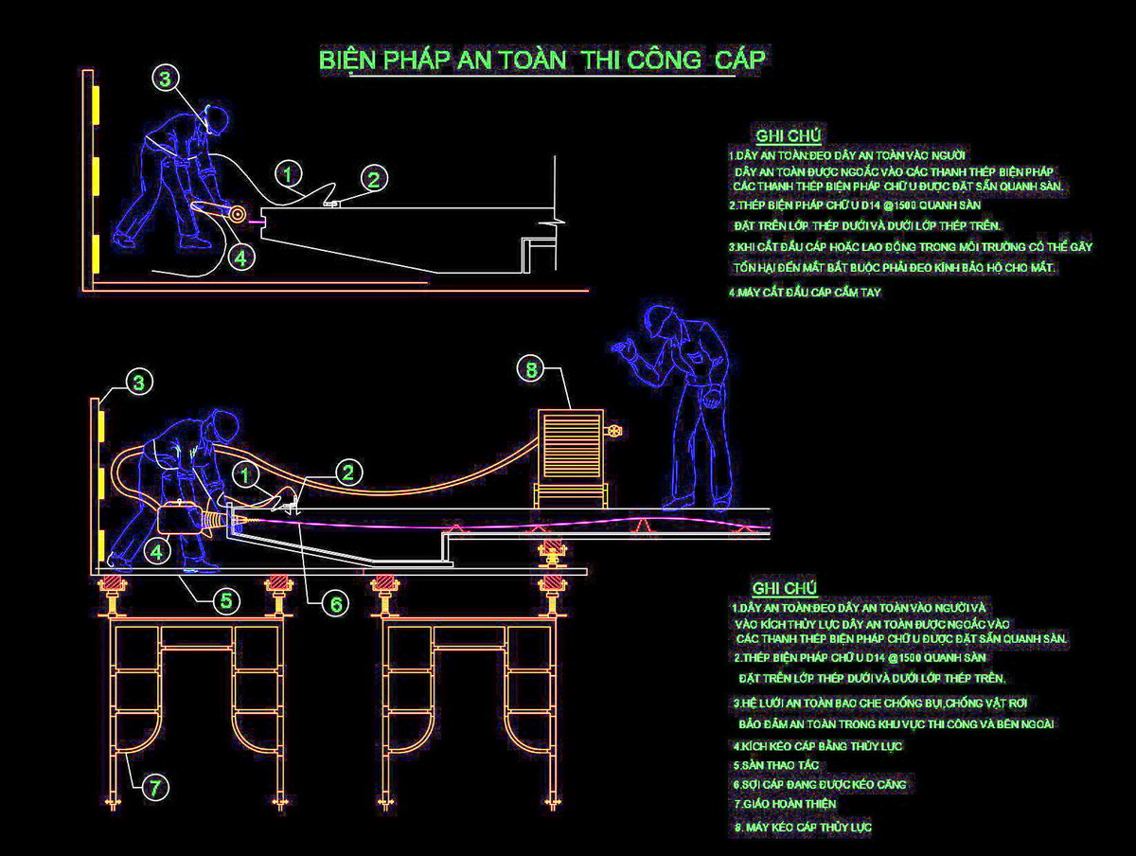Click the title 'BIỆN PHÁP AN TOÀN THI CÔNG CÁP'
(x=542, y=61)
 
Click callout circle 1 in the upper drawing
(x=289, y=174)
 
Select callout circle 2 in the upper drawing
(x=374, y=178)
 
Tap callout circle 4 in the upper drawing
(x=240, y=257)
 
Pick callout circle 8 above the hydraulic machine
(x=531, y=370)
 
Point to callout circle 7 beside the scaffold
(x=158, y=785)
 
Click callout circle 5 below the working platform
(x=224, y=600)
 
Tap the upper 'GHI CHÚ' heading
(x=788, y=136)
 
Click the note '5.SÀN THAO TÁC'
(x=775, y=764)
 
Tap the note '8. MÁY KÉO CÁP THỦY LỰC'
(x=802, y=828)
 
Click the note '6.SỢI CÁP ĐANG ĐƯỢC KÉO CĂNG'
(x=819, y=784)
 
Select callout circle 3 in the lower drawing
(x=139, y=383)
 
